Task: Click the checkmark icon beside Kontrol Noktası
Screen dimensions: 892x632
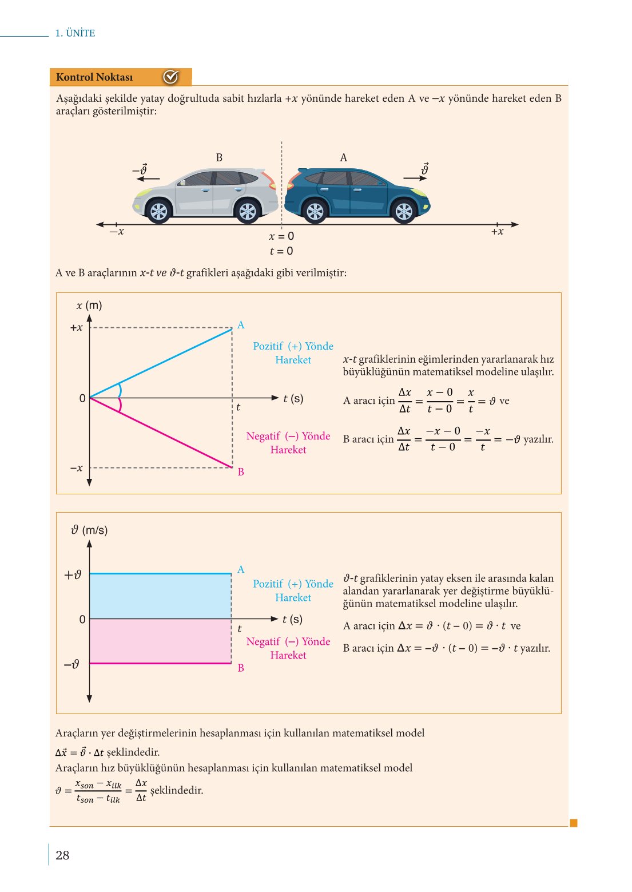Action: (171, 77)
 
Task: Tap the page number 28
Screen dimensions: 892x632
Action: (62, 855)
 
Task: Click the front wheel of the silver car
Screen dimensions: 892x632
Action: (158, 212)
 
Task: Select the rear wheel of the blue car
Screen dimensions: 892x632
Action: (315, 212)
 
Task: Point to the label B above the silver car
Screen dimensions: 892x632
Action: (219, 157)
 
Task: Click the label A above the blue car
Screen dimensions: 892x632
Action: (343, 157)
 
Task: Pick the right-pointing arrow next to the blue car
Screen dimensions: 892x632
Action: (415, 179)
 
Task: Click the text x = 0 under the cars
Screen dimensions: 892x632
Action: (281, 236)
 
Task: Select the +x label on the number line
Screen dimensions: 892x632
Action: (497, 232)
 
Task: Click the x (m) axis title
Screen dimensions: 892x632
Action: (89, 306)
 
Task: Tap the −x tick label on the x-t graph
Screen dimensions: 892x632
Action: (76, 468)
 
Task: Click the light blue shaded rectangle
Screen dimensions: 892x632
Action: (160, 596)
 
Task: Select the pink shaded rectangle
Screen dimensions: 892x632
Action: (160, 641)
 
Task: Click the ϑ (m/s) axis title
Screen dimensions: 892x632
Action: (89, 530)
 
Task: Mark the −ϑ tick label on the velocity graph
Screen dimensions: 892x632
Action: (71, 664)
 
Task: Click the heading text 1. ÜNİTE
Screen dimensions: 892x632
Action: (75, 33)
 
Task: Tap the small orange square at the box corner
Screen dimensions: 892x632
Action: (574, 823)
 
